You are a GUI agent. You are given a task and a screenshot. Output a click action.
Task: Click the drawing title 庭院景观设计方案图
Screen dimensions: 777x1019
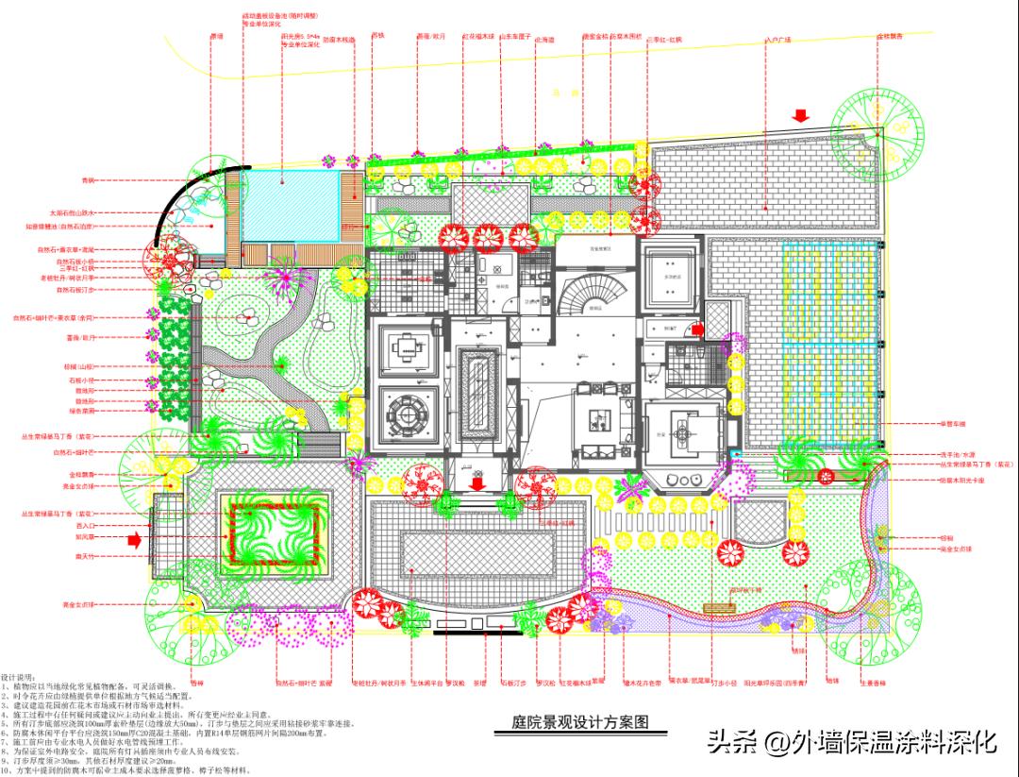point(573,722)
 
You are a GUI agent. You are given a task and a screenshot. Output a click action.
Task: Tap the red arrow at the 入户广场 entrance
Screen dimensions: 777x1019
point(800,116)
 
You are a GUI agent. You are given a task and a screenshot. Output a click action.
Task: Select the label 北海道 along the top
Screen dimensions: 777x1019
point(545,41)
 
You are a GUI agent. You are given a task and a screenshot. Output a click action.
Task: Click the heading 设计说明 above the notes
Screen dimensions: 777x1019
point(20,678)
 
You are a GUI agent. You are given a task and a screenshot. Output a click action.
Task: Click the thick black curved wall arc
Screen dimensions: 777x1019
point(184,194)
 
